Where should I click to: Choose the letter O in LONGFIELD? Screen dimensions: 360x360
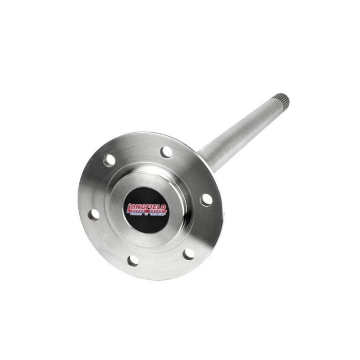134,207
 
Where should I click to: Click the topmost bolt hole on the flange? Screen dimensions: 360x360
166,152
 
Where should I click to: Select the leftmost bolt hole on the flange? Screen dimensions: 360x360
94,214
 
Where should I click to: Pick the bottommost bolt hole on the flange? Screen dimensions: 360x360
133,260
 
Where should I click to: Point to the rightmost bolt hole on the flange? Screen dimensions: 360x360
206,199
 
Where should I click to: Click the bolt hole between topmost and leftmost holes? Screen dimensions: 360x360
109,160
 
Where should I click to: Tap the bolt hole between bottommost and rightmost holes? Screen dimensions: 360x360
189,253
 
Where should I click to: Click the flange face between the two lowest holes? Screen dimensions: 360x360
160,262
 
